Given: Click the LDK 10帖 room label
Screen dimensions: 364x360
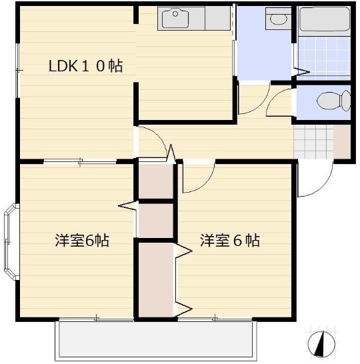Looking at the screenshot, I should point(85,67).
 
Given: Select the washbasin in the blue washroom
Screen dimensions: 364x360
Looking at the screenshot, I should point(275,18).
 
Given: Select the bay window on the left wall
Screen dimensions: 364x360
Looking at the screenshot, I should point(9,243).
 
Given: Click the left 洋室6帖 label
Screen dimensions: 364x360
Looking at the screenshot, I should point(81,241).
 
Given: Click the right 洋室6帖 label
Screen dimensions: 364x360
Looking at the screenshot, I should point(229,241).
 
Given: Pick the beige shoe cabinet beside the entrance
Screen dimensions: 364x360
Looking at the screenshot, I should point(341,142).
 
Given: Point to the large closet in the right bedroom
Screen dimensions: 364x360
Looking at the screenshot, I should point(156,279).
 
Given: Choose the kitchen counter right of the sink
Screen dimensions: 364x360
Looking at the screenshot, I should point(217,18).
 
